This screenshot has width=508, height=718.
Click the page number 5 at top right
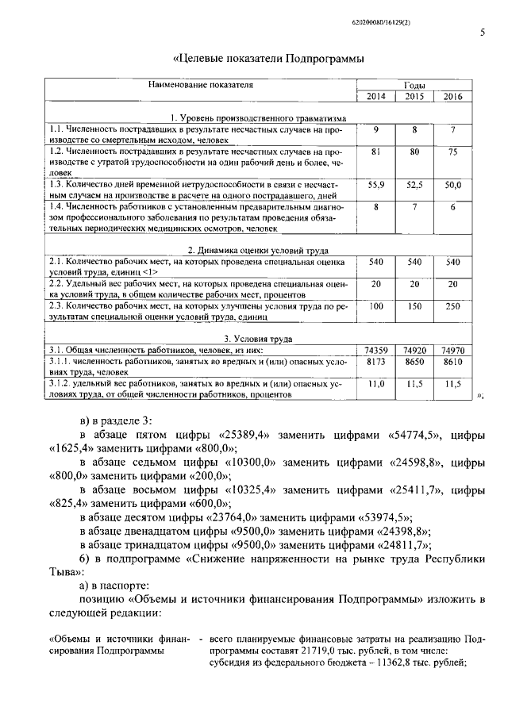(483, 33)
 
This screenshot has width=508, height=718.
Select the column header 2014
(375, 97)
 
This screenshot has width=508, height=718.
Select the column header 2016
(452, 97)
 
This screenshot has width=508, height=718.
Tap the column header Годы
(414, 85)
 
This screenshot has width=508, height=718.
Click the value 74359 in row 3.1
(375, 350)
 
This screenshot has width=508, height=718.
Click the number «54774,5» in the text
(402, 435)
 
